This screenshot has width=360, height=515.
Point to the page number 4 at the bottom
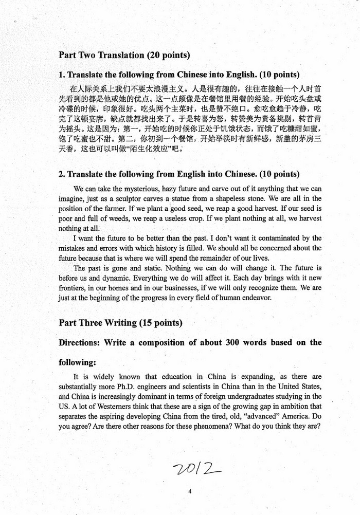(190, 491)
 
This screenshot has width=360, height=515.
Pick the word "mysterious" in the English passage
(131, 189)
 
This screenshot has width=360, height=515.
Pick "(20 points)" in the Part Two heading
(169, 54)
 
